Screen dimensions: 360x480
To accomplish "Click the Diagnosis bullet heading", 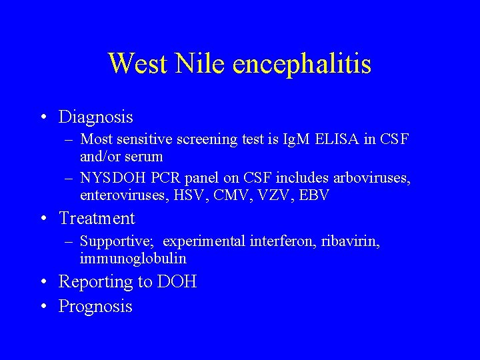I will point(96,117).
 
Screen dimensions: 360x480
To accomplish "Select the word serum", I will point(144,157).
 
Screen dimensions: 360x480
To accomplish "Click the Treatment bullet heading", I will point(97,219).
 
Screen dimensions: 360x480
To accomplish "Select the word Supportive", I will point(117,241).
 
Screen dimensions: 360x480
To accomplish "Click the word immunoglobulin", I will point(133,258).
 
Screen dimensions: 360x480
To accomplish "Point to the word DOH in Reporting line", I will point(177,282).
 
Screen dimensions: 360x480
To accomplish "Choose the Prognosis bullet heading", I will point(95,307).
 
